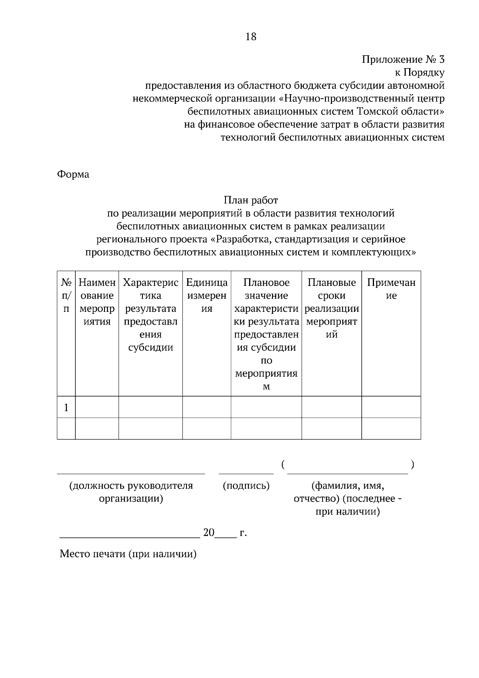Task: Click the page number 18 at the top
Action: click(251, 37)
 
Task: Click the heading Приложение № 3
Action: click(403, 60)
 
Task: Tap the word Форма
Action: click(73, 174)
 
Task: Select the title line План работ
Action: click(251, 200)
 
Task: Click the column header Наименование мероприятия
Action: click(97, 302)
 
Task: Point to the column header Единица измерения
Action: click(207, 295)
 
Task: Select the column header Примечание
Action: click(391, 289)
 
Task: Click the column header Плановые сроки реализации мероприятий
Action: click(331, 308)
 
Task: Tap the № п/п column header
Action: click(66, 295)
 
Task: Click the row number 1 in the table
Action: click(66, 408)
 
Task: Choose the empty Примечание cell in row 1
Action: click(391, 407)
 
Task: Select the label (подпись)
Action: click(246, 486)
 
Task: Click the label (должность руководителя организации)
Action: click(131, 492)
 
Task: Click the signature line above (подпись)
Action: click(246, 473)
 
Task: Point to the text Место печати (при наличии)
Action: click(128, 554)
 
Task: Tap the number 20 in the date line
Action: click(209, 533)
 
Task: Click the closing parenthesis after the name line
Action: click(412, 465)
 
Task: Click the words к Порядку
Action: click(419, 73)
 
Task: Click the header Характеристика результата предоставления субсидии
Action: click(150, 315)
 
